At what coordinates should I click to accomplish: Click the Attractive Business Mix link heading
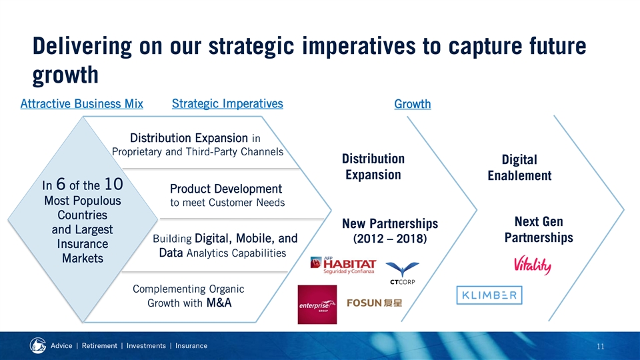tap(81, 104)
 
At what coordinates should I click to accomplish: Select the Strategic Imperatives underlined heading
tap(227, 104)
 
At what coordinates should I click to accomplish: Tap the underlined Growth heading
tap(413, 104)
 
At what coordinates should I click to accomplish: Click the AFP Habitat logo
tap(343, 265)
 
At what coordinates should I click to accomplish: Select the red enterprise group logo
tap(317, 305)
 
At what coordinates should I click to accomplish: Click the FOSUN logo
tap(374, 303)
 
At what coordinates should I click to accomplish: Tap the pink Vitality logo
tap(532, 265)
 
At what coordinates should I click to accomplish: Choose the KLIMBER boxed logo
tap(489, 295)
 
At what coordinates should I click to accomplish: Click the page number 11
tap(601, 347)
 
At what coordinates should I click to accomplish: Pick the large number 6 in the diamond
tap(61, 184)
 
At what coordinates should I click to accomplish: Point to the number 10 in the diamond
tap(113, 184)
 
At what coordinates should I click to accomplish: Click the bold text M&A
tap(219, 303)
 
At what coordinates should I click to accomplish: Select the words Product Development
tap(226, 189)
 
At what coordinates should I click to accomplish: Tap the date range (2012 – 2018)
tap(390, 239)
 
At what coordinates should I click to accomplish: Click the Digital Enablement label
tap(519, 167)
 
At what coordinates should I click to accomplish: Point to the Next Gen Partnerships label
tap(539, 229)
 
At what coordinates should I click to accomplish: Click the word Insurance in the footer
tap(191, 346)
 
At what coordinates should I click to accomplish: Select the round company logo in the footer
tap(38, 345)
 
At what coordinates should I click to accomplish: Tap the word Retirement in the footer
tap(99, 346)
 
